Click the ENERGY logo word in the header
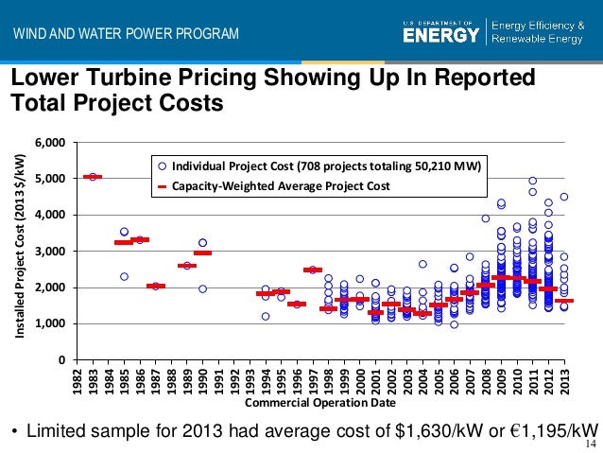[x=440, y=35]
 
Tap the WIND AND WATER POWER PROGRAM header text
[x=126, y=36]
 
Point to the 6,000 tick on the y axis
[x=50, y=143]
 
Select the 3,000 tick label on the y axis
[x=50, y=252]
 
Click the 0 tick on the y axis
[x=61, y=360]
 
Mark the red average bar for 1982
[x=93, y=177]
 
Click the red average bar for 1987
[x=156, y=286]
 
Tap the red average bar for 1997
[x=313, y=270]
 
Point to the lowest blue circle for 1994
[x=266, y=317]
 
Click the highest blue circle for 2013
[x=564, y=197]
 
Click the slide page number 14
[x=592, y=444]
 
